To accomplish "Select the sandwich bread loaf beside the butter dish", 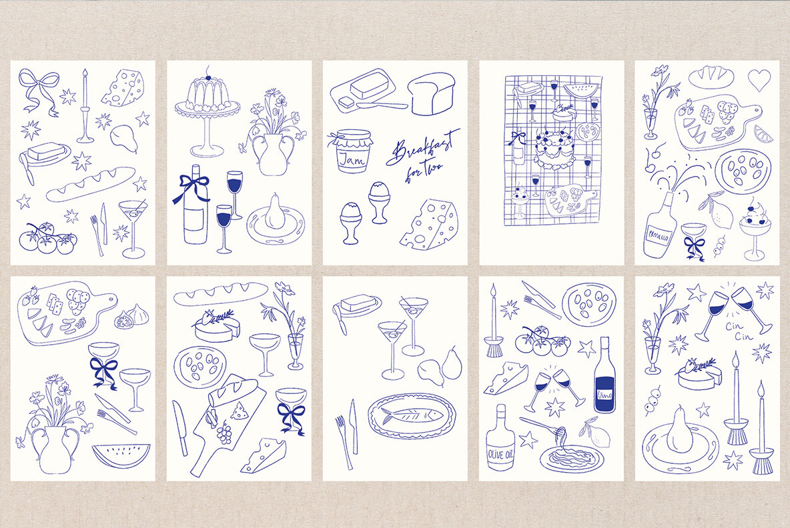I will click(x=432, y=94).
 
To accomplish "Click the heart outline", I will click(x=759, y=80).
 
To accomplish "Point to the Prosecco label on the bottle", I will click(x=658, y=236).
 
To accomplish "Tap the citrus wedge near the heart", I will click(x=763, y=135).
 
